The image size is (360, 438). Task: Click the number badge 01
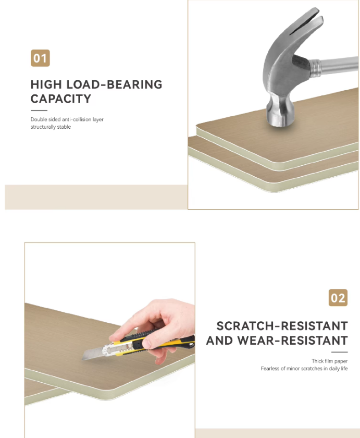click(40, 58)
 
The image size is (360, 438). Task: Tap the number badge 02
click(338, 298)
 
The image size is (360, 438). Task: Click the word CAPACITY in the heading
click(61, 99)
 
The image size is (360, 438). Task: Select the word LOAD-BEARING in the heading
click(115, 84)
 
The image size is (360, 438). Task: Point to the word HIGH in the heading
click(46, 84)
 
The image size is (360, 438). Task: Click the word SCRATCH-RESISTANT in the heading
click(282, 326)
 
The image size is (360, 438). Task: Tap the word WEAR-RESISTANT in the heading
click(292, 340)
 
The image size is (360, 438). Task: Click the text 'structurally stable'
click(51, 127)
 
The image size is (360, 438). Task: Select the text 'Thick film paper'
click(330, 361)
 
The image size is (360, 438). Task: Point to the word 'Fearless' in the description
click(270, 369)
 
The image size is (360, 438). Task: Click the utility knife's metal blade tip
click(83, 359)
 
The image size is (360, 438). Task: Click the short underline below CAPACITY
click(39, 111)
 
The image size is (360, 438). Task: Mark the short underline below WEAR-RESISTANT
click(339, 352)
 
